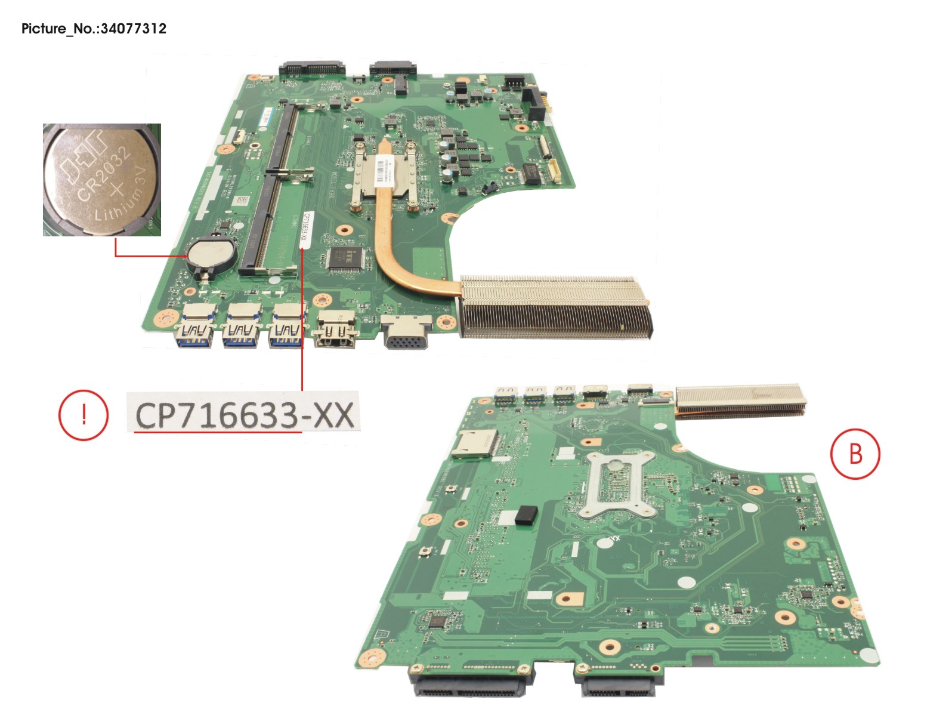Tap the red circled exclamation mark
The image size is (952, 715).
[83, 415]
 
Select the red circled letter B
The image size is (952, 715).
[855, 454]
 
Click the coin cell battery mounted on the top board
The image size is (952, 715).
[209, 255]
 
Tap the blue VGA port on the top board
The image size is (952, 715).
[407, 334]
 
